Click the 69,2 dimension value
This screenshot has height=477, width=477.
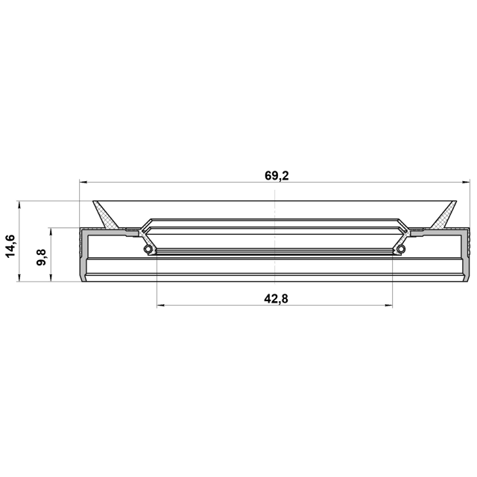[x=277, y=176]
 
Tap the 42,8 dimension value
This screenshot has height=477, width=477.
[x=276, y=299]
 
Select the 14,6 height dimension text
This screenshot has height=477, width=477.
[x=10, y=246]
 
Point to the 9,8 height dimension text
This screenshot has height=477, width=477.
[x=41, y=257]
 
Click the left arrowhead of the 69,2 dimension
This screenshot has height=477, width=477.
[x=83, y=182]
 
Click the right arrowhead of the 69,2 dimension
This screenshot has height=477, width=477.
[x=466, y=182]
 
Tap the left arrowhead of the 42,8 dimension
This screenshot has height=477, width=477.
[x=161, y=305]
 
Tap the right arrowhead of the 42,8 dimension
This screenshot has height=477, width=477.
[x=388, y=305]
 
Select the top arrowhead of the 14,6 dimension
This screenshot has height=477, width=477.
[x=19, y=205]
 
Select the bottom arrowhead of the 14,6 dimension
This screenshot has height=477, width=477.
[x=19, y=277]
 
